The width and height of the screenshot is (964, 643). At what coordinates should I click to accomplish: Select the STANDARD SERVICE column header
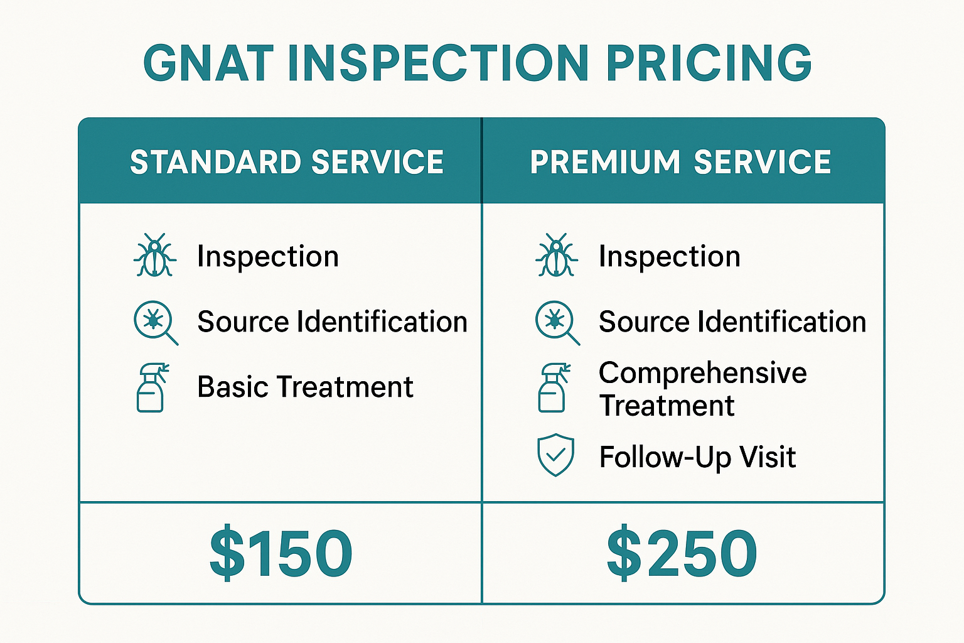(x=287, y=162)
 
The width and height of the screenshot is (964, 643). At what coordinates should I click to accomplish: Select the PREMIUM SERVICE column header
(x=681, y=162)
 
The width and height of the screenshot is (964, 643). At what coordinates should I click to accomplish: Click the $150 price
(x=281, y=553)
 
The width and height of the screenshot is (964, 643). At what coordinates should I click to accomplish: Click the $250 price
(x=682, y=553)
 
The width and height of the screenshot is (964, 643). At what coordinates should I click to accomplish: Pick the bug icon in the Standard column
(x=154, y=256)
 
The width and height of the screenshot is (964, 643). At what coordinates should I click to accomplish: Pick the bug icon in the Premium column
(x=556, y=256)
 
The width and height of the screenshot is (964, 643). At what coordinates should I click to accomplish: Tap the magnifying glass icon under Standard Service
(x=154, y=321)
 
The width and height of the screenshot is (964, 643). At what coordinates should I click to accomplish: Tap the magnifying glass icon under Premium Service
(x=555, y=321)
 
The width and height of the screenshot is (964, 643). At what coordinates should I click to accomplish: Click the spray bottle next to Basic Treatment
(x=152, y=387)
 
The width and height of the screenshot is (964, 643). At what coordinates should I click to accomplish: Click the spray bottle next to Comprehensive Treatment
(x=553, y=387)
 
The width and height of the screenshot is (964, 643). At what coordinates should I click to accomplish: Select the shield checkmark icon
(x=555, y=455)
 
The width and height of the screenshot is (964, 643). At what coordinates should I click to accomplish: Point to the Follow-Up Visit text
(x=697, y=457)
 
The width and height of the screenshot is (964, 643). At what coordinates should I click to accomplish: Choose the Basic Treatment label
(x=305, y=387)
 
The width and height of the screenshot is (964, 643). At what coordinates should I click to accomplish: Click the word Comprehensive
(x=702, y=373)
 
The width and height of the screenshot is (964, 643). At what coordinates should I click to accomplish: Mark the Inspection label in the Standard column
(x=268, y=256)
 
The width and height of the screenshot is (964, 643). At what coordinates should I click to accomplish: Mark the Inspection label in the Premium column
(x=670, y=256)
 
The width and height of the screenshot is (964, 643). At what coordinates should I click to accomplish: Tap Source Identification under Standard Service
(x=332, y=321)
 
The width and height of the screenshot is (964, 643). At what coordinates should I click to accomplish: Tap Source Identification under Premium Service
(x=732, y=321)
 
